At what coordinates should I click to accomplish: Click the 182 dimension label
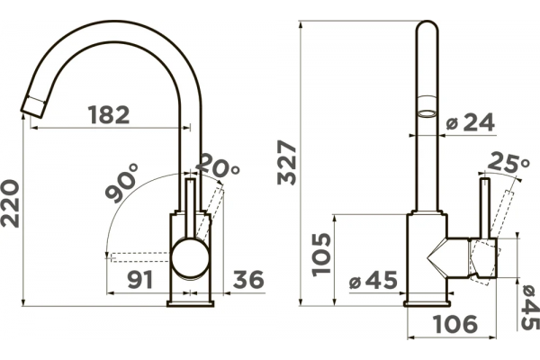click(x=109, y=114)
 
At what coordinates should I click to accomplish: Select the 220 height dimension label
click(x=10, y=203)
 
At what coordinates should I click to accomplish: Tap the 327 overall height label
click(x=287, y=162)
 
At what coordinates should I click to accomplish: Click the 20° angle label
click(x=218, y=165)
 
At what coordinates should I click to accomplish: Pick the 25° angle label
click(x=508, y=162)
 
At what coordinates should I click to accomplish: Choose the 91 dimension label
click(x=140, y=279)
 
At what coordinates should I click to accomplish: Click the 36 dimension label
click(x=248, y=279)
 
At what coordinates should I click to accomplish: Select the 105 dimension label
click(x=321, y=255)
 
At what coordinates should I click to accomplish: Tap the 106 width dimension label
click(x=455, y=324)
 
